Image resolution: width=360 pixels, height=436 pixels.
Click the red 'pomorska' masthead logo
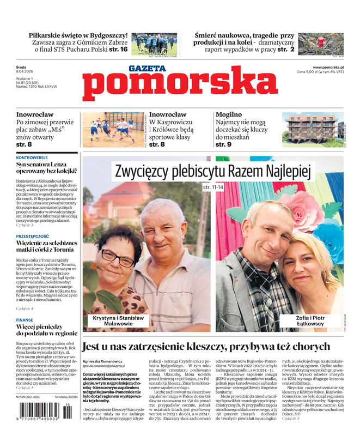point(180,89)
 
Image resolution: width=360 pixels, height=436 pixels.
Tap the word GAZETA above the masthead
point(148,69)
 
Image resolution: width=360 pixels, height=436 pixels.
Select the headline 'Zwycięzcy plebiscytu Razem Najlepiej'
point(212,172)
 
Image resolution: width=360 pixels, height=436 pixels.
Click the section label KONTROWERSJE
point(33,157)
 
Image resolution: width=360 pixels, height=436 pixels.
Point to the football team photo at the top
point(154,43)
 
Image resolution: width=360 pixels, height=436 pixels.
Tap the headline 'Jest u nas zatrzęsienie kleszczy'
point(206,346)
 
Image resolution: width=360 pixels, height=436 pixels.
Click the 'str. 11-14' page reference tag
point(213,187)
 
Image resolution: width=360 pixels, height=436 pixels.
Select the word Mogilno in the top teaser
point(229,114)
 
